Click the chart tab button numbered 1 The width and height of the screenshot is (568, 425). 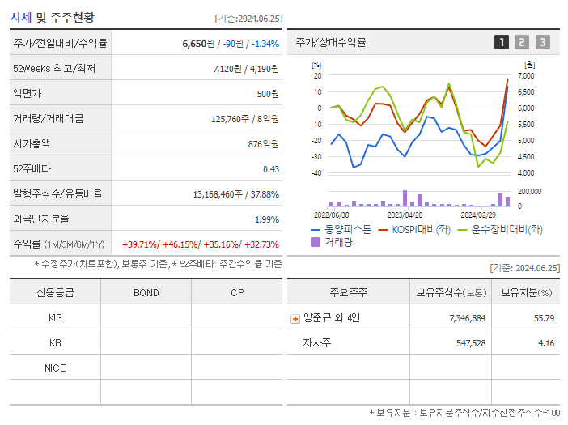pos(502,42)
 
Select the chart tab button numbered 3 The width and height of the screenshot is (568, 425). pos(542,42)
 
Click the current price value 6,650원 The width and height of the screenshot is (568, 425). pos(198,44)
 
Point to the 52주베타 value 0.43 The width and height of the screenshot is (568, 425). pos(270,168)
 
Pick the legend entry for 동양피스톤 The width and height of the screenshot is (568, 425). pos(341,230)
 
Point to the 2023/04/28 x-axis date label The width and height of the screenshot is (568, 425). pos(405,215)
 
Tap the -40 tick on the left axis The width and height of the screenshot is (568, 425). pos(316,173)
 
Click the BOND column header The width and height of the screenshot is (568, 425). pos(146,292)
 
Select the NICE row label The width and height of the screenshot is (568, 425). pos(55,368)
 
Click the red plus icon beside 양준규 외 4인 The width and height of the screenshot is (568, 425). pos(295,318)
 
